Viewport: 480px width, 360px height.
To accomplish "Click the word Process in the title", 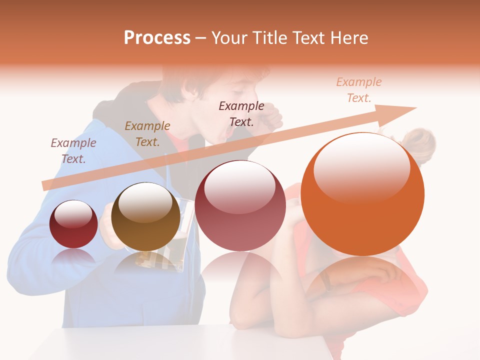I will click(157, 38).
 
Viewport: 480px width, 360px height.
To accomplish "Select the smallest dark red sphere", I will click(74, 224).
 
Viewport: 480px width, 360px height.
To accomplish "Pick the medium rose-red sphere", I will click(240, 206).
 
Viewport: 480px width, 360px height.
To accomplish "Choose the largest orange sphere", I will click(362, 195).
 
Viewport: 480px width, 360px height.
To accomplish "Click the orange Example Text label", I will click(358, 90).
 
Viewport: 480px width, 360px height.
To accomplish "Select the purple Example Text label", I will click(73, 150).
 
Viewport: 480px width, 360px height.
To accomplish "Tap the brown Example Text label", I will click(147, 134).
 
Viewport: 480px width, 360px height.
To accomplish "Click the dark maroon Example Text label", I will click(241, 113).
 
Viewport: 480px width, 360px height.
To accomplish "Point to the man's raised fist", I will click(272, 120).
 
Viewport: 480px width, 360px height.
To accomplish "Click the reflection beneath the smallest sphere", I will click(74, 258).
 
